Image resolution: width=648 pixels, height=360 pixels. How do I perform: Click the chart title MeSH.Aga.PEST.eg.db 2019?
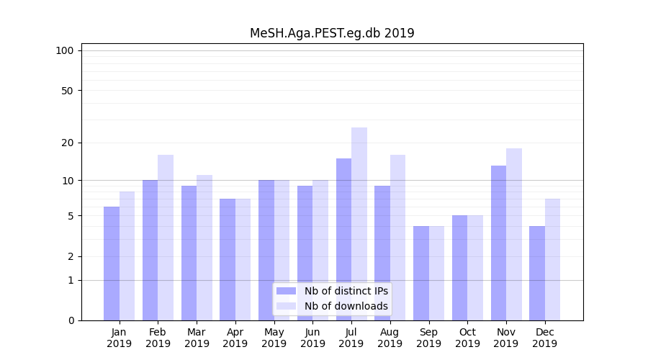click(x=332, y=33)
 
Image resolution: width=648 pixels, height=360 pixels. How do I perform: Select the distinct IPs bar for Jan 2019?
click(x=112, y=264)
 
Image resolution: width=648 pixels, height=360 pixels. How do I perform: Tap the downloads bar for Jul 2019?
click(x=359, y=224)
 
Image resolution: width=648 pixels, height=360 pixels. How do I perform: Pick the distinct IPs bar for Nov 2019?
click(x=498, y=243)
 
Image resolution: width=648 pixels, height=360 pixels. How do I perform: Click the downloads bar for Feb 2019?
click(x=166, y=238)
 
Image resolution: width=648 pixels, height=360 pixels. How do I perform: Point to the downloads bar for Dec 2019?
click(x=553, y=259)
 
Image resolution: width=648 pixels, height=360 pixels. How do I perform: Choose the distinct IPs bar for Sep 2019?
click(x=421, y=273)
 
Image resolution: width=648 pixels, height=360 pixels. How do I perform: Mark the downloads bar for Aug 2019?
click(x=398, y=238)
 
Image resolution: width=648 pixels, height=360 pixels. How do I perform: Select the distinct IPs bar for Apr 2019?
click(x=228, y=259)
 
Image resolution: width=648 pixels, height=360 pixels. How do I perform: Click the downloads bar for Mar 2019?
click(x=204, y=248)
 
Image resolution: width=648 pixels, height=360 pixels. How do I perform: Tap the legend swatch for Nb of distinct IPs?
click(x=287, y=291)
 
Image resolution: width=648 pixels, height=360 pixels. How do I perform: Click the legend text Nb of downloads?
click(x=346, y=306)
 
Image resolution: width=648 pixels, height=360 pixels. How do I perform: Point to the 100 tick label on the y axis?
click(x=65, y=50)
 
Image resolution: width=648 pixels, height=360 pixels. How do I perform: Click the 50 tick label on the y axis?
click(x=67, y=91)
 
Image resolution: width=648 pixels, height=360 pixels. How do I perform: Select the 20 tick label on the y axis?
click(x=67, y=143)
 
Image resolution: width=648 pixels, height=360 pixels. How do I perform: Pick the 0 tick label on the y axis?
click(x=71, y=320)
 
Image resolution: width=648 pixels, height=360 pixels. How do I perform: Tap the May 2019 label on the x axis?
click(x=274, y=338)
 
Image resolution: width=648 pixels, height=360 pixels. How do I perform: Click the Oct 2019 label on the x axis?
click(x=467, y=338)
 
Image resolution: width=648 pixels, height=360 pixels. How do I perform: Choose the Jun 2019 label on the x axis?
click(x=312, y=338)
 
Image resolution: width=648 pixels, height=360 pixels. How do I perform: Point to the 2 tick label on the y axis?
click(x=71, y=256)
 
